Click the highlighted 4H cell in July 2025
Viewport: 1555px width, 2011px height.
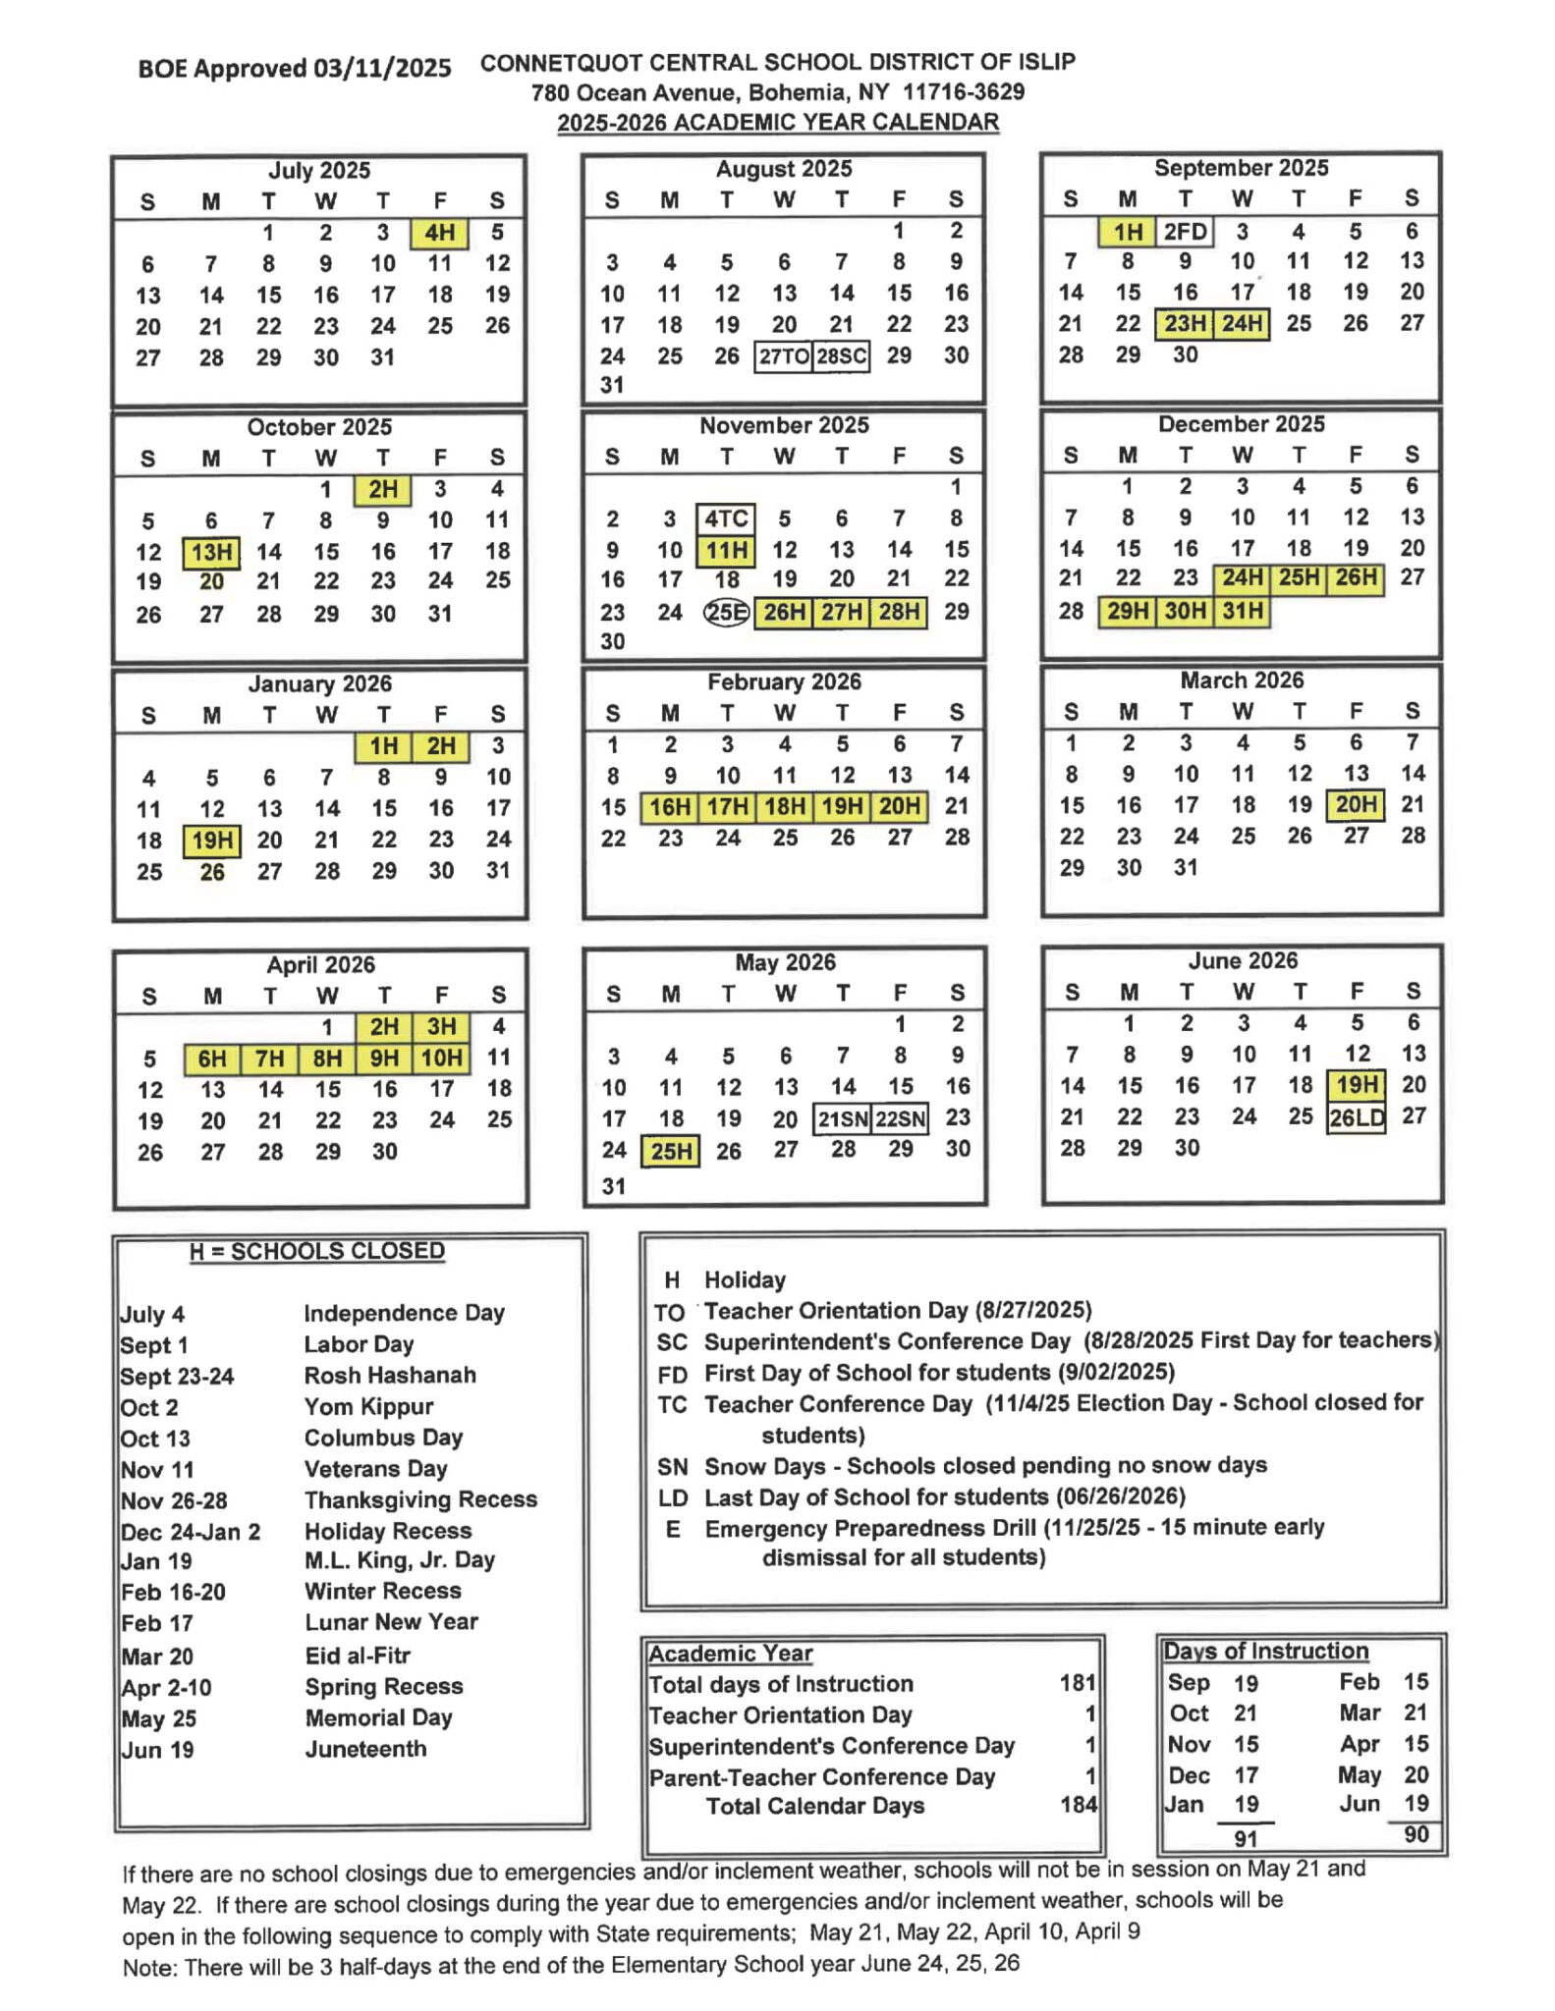click(x=439, y=233)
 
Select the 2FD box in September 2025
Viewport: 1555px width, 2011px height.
click(x=1185, y=232)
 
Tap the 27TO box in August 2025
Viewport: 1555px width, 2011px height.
click(x=783, y=355)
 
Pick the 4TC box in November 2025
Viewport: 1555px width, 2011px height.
click(x=726, y=518)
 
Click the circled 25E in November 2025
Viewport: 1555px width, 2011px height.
click(x=726, y=613)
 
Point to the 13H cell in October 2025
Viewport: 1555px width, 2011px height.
click(x=211, y=552)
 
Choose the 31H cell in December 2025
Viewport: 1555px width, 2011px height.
click(x=1242, y=611)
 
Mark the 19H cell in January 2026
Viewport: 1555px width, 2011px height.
click(x=212, y=841)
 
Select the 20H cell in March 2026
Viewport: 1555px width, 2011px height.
click(x=1356, y=805)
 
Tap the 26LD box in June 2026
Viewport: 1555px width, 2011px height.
click(x=1356, y=1117)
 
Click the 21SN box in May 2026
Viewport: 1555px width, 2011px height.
click(x=843, y=1119)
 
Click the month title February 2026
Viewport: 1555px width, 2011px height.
click(x=784, y=682)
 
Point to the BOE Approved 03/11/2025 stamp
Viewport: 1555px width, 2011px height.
click(x=295, y=69)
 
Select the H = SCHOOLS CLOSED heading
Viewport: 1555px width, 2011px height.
click(x=317, y=1251)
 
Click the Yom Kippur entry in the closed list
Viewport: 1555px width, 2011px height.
click(x=368, y=1406)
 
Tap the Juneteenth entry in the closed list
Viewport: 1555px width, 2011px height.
click(x=365, y=1749)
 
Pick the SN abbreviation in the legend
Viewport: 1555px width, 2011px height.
click(x=672, y=1467)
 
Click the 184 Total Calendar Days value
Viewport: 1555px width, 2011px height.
click(x=1078, y=1805)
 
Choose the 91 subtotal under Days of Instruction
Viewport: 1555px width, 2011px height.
click(x=1246, y=1838)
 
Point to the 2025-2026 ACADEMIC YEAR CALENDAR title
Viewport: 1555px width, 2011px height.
click(x=778, y=123)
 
